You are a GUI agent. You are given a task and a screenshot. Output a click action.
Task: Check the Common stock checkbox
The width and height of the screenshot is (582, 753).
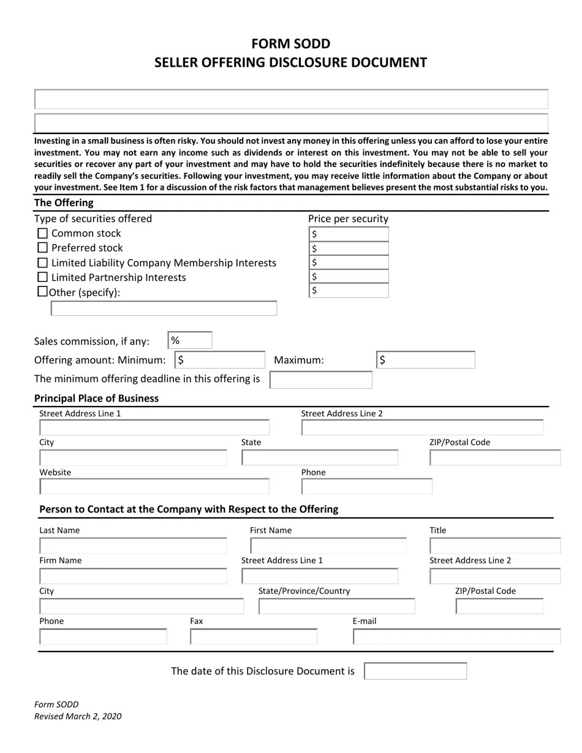(x=42, y=233)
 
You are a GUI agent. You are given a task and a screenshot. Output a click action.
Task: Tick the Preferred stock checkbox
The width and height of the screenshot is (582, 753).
(x=42, y=248)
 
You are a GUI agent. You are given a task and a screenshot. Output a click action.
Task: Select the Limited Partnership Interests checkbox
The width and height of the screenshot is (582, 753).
(x=42, y=278)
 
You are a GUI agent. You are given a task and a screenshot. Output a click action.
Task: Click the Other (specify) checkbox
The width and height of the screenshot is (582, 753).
(x=42, y=292)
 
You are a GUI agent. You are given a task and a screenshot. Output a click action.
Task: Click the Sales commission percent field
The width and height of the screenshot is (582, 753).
(x=190, y=341)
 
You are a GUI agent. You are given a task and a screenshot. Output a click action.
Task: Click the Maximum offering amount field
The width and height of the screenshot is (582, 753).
(x=425, y=360)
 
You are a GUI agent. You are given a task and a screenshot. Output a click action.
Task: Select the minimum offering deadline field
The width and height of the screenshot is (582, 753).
(x=321, y=380)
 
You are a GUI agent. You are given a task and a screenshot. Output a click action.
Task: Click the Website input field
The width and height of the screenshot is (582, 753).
(x=154, y=487)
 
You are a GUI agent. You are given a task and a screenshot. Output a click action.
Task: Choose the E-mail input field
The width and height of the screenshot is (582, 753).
(x=456, y=637)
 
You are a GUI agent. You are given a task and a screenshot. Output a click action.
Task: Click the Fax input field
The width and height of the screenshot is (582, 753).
(x=254, y=637)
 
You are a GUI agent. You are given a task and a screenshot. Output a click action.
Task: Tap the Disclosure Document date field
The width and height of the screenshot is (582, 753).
(x=415, y=671)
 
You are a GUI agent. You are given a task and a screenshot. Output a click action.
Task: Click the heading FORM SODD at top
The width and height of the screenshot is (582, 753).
(x=290, y=43)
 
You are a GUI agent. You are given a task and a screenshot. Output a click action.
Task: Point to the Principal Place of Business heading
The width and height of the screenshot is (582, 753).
(x=96, y=399)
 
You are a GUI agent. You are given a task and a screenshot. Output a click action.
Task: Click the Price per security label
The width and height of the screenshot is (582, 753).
(x=348, y=219)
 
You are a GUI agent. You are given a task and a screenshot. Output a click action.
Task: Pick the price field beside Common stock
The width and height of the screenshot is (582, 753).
(x=349, y=234)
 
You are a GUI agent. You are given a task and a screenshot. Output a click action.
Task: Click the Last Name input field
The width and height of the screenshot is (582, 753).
(x=133, y=545)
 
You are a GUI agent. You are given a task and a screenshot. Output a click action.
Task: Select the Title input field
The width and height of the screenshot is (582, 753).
(x=495, y=545)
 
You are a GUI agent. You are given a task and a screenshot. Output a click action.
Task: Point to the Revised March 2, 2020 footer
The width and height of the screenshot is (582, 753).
(x=78, y=716)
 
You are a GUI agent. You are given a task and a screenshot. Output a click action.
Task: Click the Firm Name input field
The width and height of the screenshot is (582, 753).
(x=133, y=576)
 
